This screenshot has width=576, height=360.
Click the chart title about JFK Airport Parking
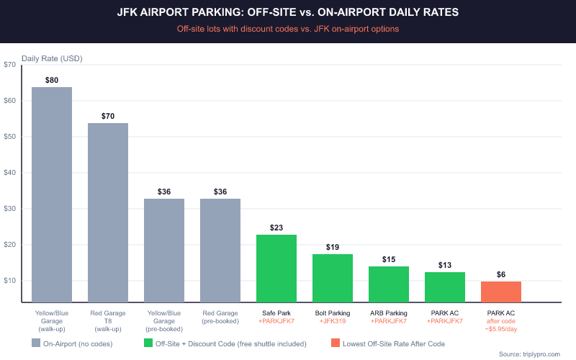[288, 12]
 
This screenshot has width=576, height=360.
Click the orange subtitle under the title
[288, 29]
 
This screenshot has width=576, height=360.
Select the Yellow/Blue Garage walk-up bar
[52, 194]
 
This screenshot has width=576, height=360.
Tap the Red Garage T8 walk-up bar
[108, 212]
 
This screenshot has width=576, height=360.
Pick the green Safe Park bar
[276, 268]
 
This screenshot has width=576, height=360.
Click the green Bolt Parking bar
[333, 278]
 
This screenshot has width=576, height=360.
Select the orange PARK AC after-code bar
[501, 292]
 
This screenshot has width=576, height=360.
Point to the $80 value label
[52, 80]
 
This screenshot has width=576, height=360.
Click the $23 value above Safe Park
[276, 228]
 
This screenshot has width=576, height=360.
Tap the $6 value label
[501, 274]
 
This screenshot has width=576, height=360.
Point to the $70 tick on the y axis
[10, 65]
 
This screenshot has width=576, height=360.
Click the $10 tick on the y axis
[10, 281]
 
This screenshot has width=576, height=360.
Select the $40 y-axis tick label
[10, 173]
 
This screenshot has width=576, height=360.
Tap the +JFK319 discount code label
[333, 320]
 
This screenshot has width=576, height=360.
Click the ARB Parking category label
[389, 313]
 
